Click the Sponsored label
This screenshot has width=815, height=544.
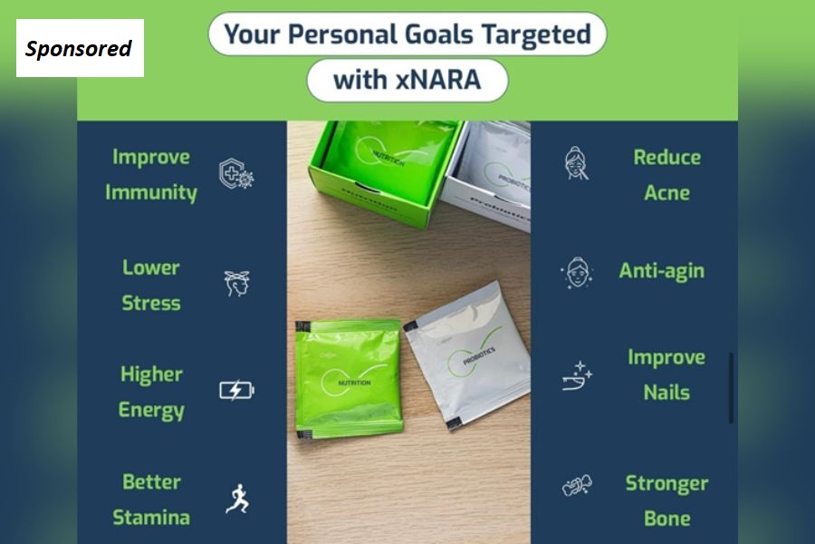79,48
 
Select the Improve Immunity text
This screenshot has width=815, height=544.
151,174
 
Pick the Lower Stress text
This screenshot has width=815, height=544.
151,285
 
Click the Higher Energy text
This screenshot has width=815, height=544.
151,392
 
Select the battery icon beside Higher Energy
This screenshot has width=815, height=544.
236,391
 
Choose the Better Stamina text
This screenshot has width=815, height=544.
151,500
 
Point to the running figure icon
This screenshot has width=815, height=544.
236,499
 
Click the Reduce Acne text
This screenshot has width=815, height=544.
666,174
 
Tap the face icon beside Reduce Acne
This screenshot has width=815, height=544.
576,164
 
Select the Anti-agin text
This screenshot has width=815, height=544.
661,270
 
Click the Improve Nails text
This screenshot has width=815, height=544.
666,374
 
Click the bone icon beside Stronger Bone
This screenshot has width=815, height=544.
576,487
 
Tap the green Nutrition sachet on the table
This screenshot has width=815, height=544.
349,377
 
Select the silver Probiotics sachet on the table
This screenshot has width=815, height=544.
467,354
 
